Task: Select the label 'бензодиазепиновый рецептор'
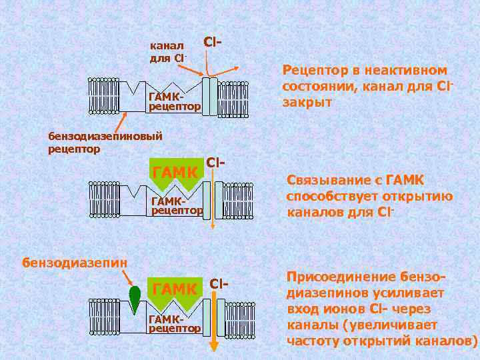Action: click(x=105, y=142)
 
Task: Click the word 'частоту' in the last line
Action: click(x=313, y=340)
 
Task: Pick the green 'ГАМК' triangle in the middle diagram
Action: click(x=175, y=175)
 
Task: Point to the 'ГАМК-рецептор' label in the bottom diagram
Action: click(x=175, y=323)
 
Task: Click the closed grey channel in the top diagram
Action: click(x=210, y=97)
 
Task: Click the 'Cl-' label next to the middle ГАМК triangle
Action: click(x=215, y=162)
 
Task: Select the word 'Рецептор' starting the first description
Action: click(x=314, y=71)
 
